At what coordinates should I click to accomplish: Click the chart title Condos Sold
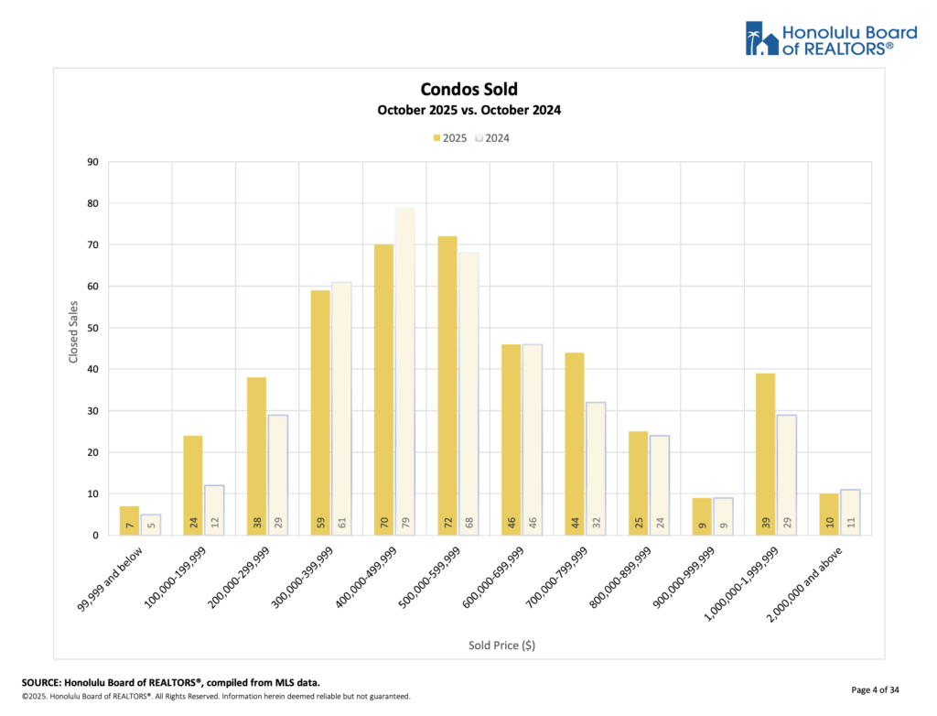[468, 89]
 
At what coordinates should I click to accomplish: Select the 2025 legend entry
[449, 138]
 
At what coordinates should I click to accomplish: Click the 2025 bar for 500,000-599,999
[447, 385]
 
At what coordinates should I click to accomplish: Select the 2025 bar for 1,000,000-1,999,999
[765, 454]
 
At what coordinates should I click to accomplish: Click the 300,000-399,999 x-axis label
[306, 575]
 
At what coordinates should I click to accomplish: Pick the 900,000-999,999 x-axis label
[686, 575]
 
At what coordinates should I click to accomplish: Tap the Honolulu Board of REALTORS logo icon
[761, 38]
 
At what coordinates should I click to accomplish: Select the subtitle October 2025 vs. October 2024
[468, 110]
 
